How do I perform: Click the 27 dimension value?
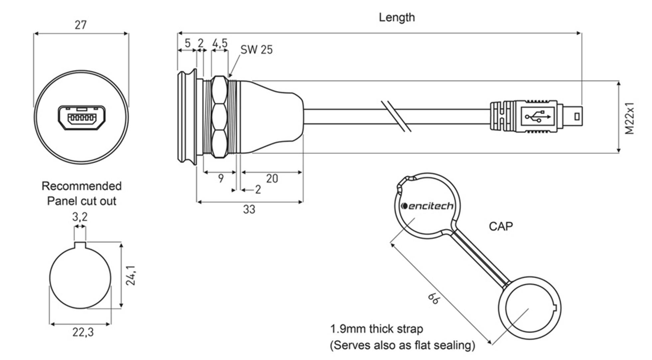coord(81,25)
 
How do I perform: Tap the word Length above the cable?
coord(397,17)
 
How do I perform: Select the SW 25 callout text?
coord(256,50)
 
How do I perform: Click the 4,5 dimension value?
coord(220,43)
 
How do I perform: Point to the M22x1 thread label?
coord(630,118)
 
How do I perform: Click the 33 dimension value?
coord(249,210)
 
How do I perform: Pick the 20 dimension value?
coord(272,179)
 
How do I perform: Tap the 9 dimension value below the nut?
coord(221,179)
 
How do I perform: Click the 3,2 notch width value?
coord(80,217)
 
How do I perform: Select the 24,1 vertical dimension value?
coord(131,275)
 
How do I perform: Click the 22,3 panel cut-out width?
coord(83,332)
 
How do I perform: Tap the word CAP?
coord(501,227)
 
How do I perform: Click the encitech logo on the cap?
coord(427,206)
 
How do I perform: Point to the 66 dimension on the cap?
coord(434,298)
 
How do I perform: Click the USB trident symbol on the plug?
coord(538,117)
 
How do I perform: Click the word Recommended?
coord(81,186)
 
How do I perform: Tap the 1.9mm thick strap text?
coord(376,329)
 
